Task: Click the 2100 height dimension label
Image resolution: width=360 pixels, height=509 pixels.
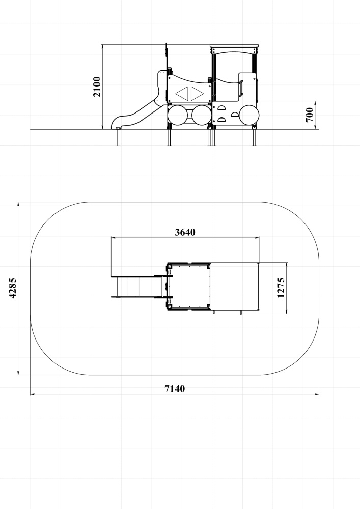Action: (97, 87)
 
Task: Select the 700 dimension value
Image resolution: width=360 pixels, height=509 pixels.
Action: (310, 115)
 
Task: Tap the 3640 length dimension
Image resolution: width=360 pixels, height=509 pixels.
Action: (185, 232)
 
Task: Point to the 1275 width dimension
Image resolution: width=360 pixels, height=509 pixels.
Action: (281, 288)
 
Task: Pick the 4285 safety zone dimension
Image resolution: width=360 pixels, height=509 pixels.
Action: (12, 288)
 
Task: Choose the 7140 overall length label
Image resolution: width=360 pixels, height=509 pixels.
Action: (175, 388)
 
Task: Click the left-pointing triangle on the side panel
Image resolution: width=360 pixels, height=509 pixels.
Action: (182, 94)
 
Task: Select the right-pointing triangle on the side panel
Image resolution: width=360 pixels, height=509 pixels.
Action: (197, 94)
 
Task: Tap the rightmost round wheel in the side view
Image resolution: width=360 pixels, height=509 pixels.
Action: (249, 115)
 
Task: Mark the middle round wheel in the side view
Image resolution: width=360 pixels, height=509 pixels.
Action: (202, 115)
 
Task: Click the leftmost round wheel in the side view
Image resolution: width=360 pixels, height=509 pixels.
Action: (178, 115)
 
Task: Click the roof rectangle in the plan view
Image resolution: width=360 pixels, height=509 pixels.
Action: (235, 287)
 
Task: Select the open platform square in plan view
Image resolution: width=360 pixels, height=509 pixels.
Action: (188, 286)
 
